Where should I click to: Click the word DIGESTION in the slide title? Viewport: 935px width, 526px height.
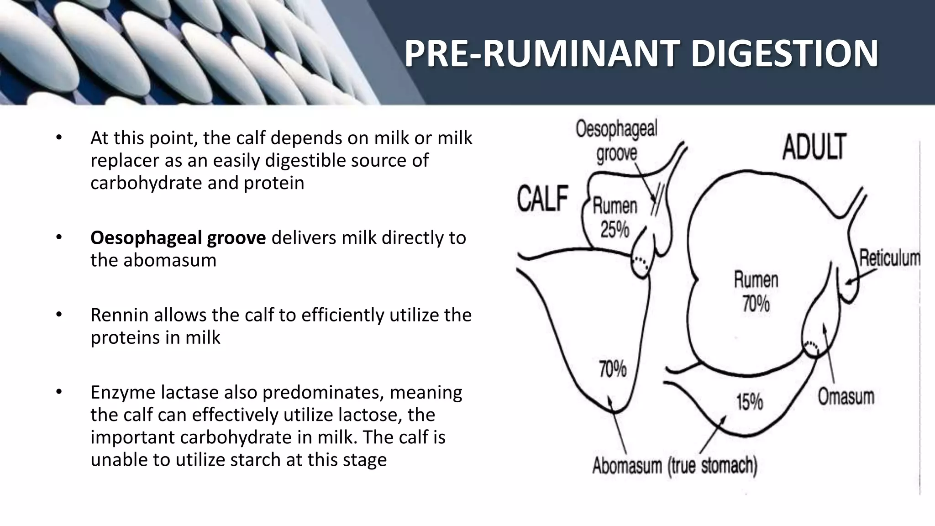point(784,54)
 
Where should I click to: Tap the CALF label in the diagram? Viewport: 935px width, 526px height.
point(542,199)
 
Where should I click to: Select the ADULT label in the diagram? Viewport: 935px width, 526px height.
point(814,147)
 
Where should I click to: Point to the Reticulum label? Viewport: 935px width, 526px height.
point(889,258)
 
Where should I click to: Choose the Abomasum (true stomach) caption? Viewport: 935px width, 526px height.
point(675,466)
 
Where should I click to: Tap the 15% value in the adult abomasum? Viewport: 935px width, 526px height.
point(750,402)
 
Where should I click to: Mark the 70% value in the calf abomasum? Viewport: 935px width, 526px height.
point(613,369)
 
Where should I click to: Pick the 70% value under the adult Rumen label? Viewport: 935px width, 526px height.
point(756,304)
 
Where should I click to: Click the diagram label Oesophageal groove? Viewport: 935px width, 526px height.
point(616,141)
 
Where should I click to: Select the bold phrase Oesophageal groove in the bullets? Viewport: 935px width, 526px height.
point(178,238)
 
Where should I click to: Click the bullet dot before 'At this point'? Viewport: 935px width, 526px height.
point(58,137)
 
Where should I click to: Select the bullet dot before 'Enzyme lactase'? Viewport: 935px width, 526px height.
point(58,392)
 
